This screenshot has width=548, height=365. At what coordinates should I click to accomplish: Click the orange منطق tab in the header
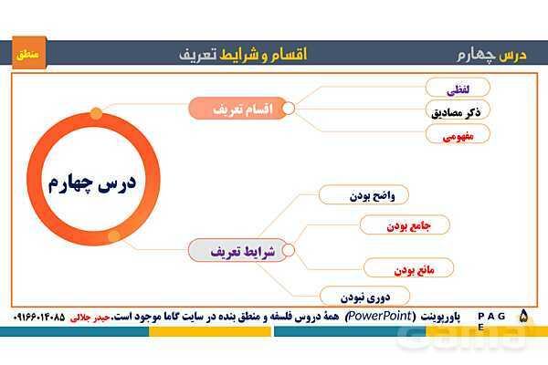pyautogui.click(x=29, y=53)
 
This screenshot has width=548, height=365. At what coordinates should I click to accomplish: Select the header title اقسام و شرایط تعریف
pyautogui.click(x=243, y=55)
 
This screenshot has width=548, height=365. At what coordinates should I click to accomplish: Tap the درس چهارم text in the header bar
pyautogui.click(x=491, y=55)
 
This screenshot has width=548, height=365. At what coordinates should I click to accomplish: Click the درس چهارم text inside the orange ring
pyautogui.click(x=92, y=183)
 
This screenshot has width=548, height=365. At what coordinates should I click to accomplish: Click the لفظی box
pyautogui.click(x=458, y=88)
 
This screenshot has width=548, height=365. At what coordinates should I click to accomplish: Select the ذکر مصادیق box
pyautogui.click(x=458, y=110)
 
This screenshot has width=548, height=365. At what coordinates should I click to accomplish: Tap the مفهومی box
pyautogui.click(x=458, y=134)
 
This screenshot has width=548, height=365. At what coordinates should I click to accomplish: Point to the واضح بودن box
pyautogui.click(x=364, y=194)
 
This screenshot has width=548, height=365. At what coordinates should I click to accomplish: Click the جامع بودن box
pyautogui.click(x=405, y=224)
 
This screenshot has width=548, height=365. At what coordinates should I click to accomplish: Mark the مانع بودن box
pyautogui.click(x=408, y=268)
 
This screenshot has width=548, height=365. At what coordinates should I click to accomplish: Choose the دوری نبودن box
pyautogui.click(x=364, y=297)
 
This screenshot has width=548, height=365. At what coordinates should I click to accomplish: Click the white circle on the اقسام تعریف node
pyautogui.click(x=289, y=109)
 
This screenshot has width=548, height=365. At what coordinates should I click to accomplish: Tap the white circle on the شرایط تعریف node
pyautogui.click(x=289, y=250)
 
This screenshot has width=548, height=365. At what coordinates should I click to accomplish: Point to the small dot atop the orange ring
pyautogui.click(x=96, y=113)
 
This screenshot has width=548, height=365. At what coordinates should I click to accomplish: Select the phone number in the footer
pyautogui.click(x=39, y=317)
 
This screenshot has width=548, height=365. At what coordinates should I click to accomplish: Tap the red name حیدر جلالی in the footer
pyautogui.click(x=90, y=318)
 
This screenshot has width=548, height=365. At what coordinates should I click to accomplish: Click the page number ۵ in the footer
pyautogui.click(x=523, y=316)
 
